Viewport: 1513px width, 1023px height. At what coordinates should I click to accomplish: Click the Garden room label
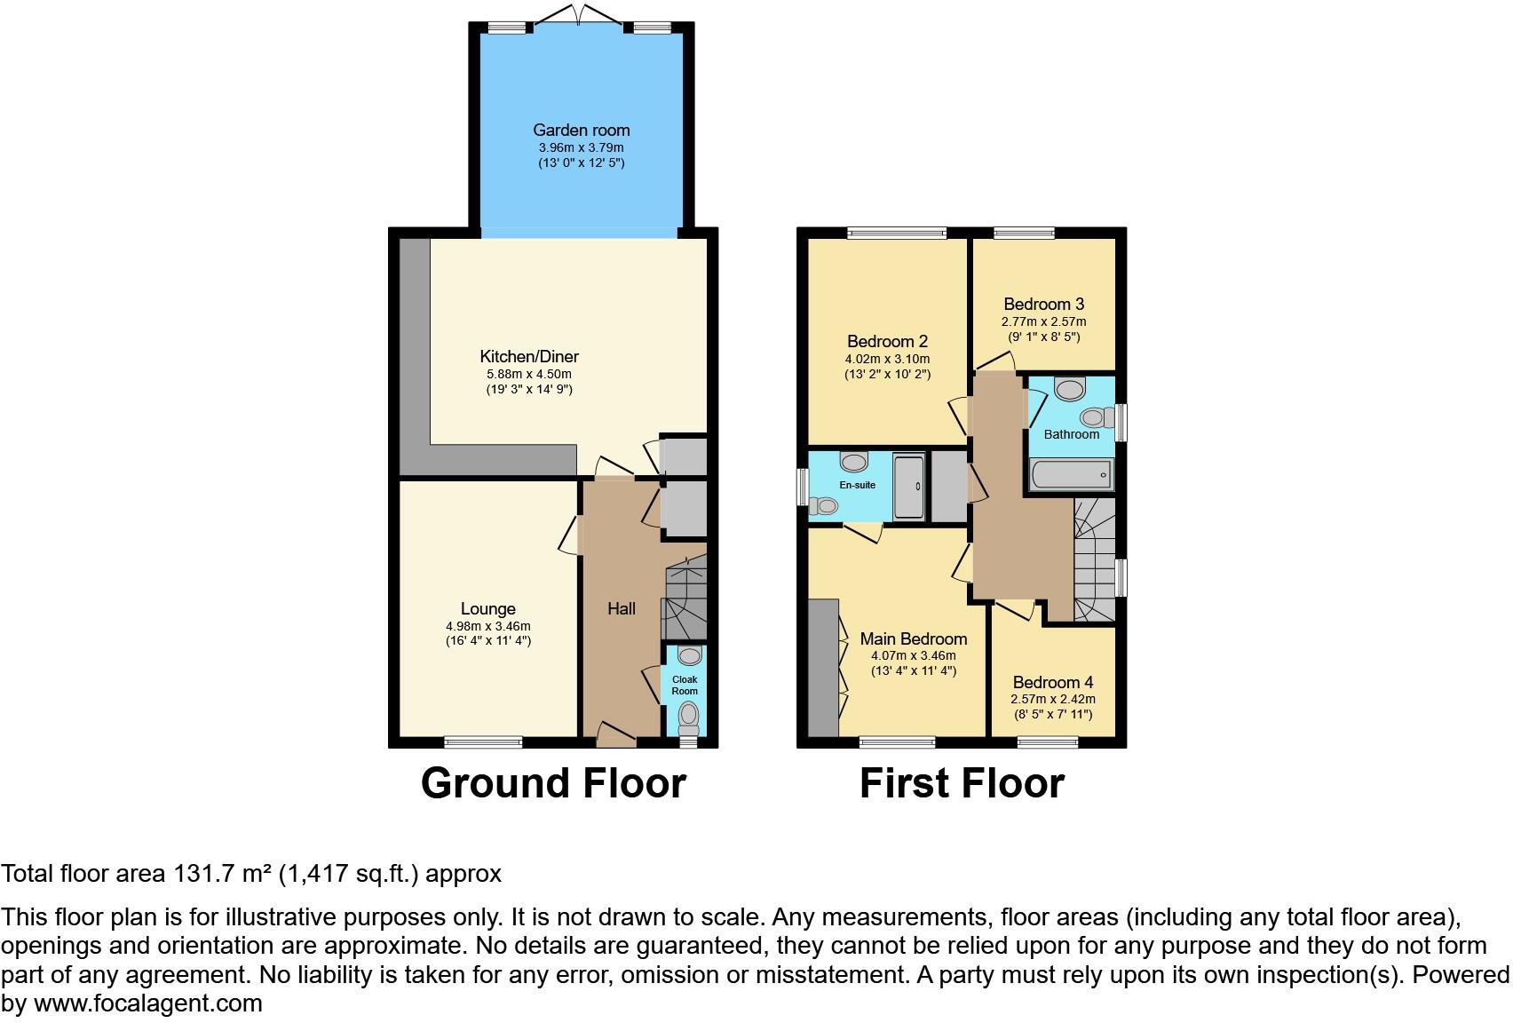click(581, 131)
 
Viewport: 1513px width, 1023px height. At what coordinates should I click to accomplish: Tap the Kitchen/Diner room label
click(529, 357)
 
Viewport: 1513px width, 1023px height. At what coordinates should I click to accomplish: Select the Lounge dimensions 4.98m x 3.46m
click(487, 626)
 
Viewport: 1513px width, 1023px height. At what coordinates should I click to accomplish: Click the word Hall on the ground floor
click(622, 609)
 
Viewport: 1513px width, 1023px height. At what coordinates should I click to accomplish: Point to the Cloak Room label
click(685, 686)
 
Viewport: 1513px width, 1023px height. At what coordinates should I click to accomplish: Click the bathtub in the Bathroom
click(1071, 475)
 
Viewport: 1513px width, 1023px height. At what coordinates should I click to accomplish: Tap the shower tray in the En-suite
click(909, 487)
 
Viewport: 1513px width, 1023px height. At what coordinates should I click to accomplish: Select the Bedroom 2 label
click(887, 342)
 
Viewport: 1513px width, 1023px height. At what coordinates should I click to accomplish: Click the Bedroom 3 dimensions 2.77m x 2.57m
click(1043, 321)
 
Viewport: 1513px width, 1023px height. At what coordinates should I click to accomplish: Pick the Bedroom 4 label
click(1053, 683)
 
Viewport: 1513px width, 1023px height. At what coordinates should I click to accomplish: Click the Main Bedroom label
click(914, 639)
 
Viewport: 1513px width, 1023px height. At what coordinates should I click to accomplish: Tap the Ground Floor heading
click(553, 784)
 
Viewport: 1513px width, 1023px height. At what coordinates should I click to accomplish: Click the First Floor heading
click(962, 784)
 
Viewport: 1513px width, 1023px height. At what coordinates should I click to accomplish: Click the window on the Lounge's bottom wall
click(483, 742)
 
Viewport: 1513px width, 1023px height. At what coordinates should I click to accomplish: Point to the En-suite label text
click(858, 486)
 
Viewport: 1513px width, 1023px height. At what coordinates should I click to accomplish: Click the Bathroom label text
click(1071, 434)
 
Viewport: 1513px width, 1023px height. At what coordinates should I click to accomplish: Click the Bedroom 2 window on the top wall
click(897, 234)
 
